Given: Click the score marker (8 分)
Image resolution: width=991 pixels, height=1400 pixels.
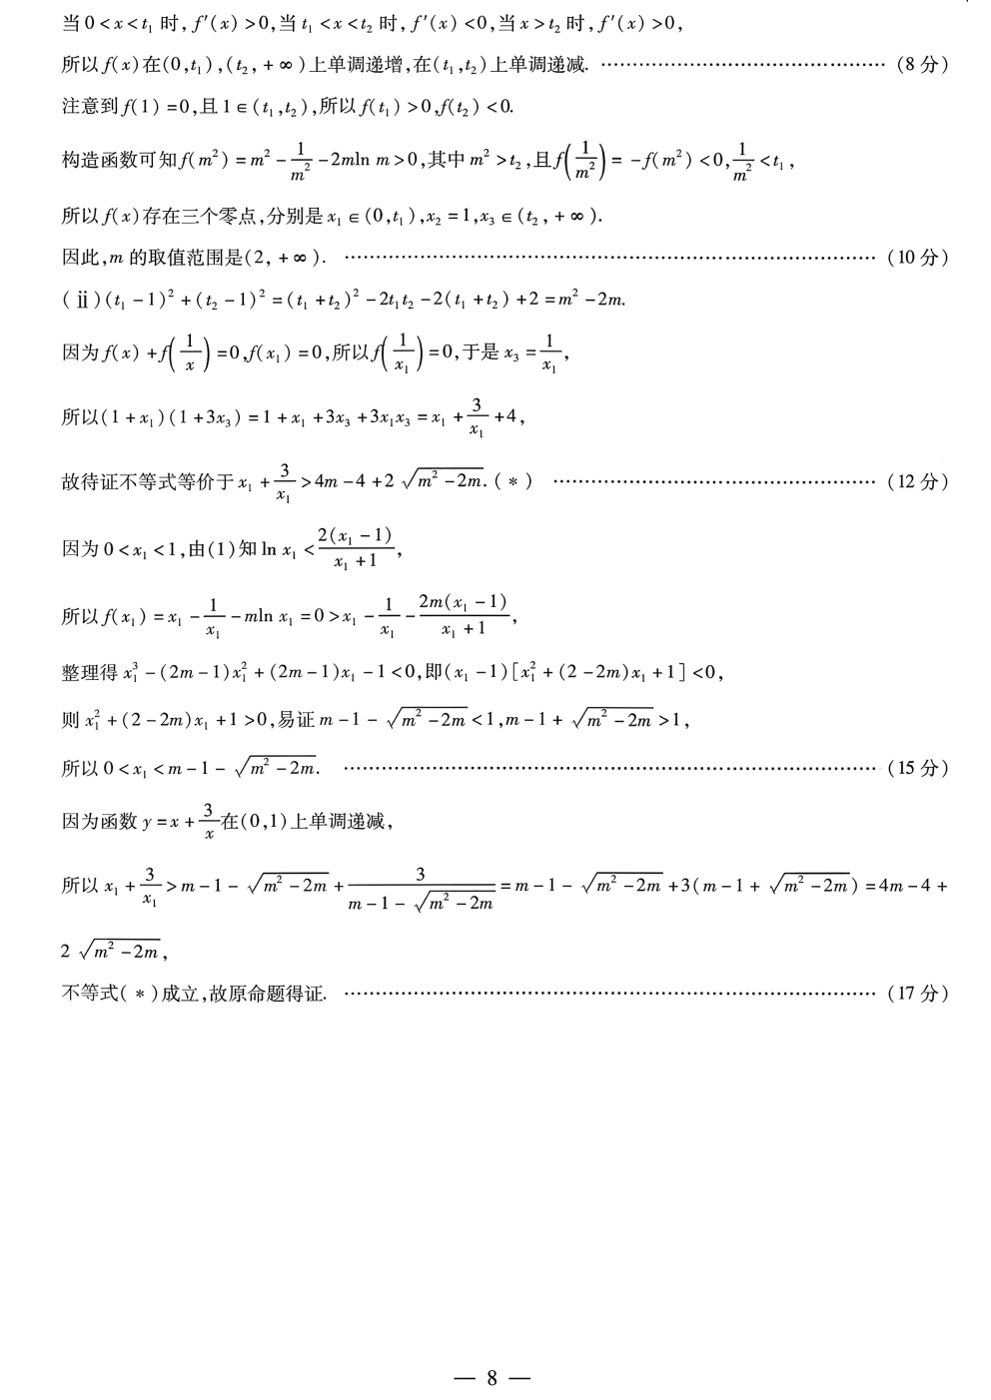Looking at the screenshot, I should tap(917, 66).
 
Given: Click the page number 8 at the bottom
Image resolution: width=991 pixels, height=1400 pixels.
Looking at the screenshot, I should tap(492, 1378).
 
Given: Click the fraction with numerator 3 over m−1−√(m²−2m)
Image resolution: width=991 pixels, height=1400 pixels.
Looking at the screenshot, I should tap(421, 888).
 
